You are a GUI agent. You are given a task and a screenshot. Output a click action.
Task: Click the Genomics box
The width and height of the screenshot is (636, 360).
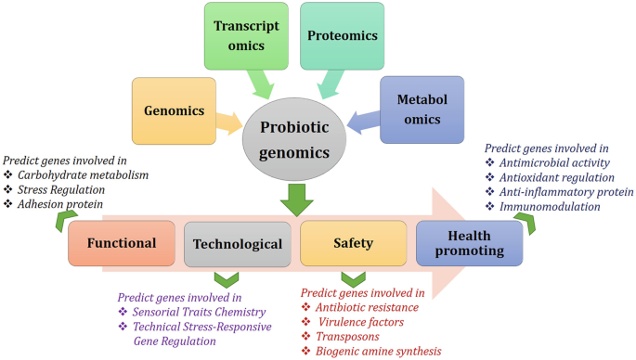173,109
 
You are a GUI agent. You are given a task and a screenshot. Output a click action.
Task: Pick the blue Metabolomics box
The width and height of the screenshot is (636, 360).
422,109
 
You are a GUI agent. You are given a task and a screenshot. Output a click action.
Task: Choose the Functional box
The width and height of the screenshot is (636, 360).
122,244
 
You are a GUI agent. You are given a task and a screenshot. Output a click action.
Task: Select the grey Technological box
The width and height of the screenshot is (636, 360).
237,244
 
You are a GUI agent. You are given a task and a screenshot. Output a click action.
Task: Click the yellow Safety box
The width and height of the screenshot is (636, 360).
353,244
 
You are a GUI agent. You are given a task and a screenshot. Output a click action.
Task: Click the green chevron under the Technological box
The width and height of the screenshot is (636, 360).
227,278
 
